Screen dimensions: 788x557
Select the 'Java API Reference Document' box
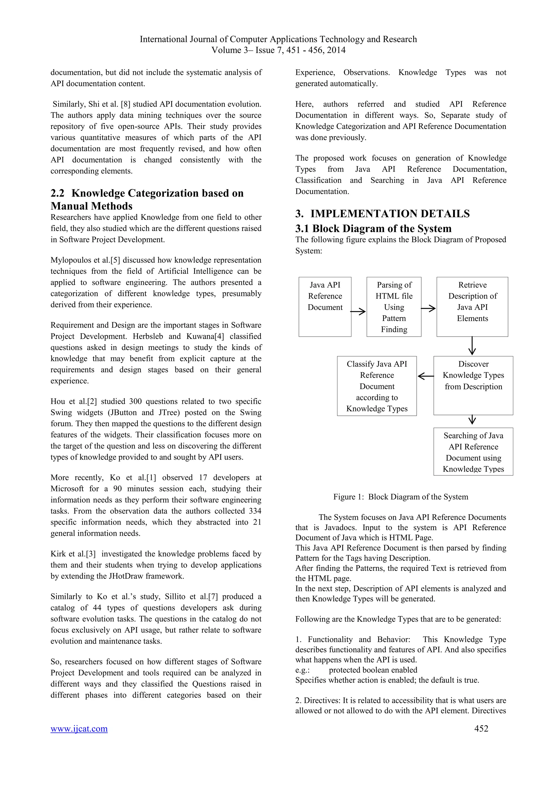click(325, 306)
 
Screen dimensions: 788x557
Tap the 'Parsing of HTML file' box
click(394, 306)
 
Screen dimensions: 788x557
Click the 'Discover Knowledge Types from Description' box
click(473, 385)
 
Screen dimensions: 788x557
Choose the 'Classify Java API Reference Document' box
click(377, 386)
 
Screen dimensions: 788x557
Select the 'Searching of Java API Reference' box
click(473, 451)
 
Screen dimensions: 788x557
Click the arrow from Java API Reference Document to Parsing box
click(358, 312)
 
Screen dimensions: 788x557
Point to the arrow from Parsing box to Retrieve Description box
click(428, 309)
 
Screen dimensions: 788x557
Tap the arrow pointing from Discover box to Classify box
click(425, 377)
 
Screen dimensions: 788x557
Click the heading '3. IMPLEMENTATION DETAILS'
click(382, 214)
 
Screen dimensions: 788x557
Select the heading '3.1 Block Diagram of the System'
click(373, 229)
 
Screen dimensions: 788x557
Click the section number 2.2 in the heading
click(57, 193)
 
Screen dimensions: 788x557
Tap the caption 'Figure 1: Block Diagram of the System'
click(400, 497)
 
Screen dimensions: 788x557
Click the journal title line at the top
click(278, 39)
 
